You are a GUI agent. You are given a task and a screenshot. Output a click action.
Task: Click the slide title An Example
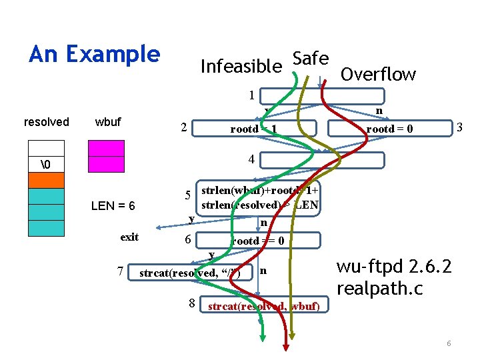(95, 54)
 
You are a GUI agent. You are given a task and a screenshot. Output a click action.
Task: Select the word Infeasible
(241, 66)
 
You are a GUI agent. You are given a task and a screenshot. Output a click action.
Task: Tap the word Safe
(310, 58)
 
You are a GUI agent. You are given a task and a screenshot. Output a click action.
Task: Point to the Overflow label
(378, 74)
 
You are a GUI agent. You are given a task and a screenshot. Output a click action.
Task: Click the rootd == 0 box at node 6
(257, 241)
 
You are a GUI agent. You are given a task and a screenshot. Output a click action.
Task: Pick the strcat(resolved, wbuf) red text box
(264, 306)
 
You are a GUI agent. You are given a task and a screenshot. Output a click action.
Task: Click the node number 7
(119, 271)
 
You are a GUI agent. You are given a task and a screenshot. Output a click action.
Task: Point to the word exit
(129, 237)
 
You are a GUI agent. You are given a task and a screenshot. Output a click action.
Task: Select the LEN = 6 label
(113, 206)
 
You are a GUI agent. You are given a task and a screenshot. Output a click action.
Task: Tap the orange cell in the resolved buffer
(46, 180)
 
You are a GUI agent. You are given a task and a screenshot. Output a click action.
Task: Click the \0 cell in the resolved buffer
(46, 165)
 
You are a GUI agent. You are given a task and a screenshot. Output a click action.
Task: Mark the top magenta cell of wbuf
(107, 148)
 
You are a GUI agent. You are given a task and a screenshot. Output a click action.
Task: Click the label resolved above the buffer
(46, 122)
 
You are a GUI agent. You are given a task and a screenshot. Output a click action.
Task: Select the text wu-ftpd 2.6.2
(393, 267)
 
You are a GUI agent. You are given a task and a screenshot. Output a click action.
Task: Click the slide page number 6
(449, 343)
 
